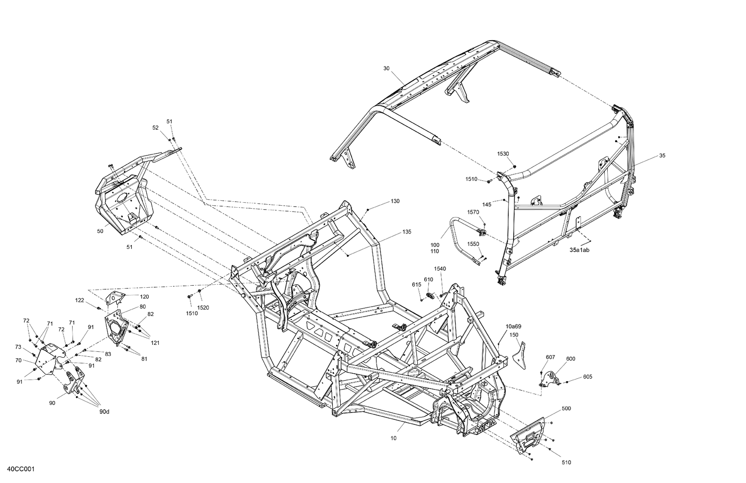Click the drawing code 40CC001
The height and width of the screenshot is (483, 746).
click(x=20, y=469)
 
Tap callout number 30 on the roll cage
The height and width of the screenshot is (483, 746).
click(x=386, y=68)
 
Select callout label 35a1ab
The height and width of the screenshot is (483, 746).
click(x=579, y=250)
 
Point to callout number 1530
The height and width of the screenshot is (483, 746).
click(x=503, y=154)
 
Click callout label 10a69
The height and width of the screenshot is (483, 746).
click(x=513, y=326)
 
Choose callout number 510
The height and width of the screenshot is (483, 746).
click(x=566, y=463)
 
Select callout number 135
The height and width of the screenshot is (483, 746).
click(x=407, y=232)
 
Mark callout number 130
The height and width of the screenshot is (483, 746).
click(x=394, y=201)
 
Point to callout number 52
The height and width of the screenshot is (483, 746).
click(x=155, y=128)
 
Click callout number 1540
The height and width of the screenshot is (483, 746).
click(x=440, y=269)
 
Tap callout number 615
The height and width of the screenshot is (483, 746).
click(x=416, y=284)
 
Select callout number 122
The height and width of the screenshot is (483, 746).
click(x=80, y=300)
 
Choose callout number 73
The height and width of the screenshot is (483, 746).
click(x=18, y=347)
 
